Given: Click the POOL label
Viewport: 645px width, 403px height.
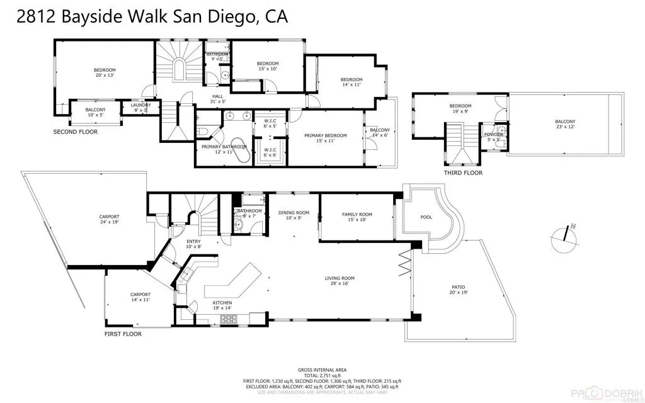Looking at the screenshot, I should click(426, 217).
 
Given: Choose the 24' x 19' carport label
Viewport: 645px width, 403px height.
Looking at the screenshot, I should click(109, 219).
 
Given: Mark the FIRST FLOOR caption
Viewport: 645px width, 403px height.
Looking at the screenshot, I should click(123, 334).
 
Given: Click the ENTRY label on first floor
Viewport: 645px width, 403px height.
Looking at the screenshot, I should click(193, 243).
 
